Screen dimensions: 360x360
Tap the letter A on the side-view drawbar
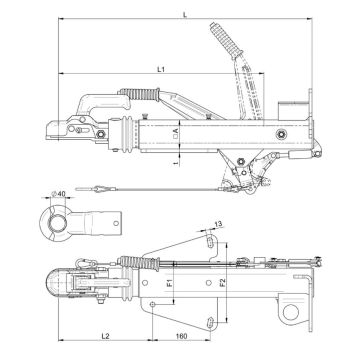[x=176, y=129]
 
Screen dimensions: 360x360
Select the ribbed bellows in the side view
[x=129, y=130]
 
